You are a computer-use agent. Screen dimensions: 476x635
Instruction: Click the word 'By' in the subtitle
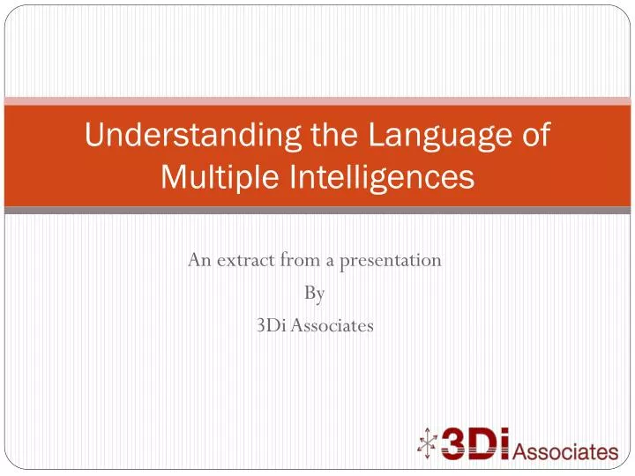tap(315, 293)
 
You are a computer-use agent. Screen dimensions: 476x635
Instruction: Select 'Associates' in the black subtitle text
tap(337, 325)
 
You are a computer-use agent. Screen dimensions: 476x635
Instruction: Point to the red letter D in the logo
tap(490, 444)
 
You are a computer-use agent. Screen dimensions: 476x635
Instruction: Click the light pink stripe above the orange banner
tap(317, 100)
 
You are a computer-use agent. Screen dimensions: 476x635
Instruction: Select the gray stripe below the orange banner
tap(317, 211)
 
